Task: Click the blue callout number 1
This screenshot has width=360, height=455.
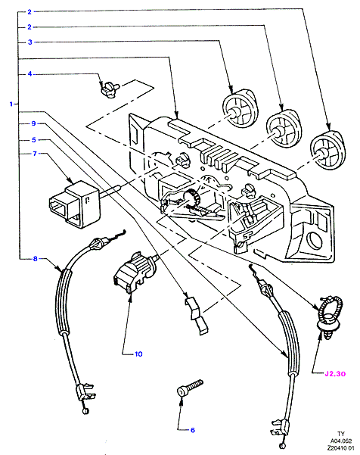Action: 11,104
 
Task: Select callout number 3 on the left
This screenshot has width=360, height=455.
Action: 29,42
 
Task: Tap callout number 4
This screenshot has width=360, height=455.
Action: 29,74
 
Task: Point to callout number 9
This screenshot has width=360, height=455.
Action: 33,123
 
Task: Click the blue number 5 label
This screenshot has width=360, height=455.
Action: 34,140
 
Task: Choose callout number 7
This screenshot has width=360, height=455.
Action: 35,153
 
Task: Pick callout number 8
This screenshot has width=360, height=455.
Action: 35,258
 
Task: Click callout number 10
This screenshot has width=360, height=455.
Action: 138,354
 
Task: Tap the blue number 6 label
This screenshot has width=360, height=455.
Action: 193,430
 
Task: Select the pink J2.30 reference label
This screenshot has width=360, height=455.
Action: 335,373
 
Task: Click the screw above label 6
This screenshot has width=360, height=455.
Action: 190,388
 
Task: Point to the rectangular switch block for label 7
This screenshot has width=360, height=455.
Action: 75,204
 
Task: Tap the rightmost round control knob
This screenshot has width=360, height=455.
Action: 327,151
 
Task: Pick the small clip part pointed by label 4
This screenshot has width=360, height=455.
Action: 110,89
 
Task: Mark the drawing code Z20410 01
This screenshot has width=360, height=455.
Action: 341,448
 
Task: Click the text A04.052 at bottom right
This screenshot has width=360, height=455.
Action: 341,441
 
